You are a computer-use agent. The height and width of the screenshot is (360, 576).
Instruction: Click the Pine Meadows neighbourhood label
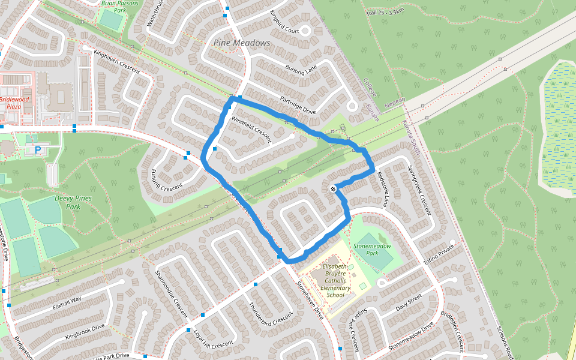pos(242,43)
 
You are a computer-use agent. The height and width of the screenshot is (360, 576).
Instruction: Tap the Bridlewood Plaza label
pos(10,103)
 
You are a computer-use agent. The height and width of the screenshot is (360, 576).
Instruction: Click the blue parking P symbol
pos(38,149)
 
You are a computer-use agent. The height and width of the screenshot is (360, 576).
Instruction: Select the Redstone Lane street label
pos(382,190)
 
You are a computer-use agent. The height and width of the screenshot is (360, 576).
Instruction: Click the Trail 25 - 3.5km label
pos(384,11)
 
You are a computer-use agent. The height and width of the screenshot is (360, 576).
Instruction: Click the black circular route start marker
pos(333,189)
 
